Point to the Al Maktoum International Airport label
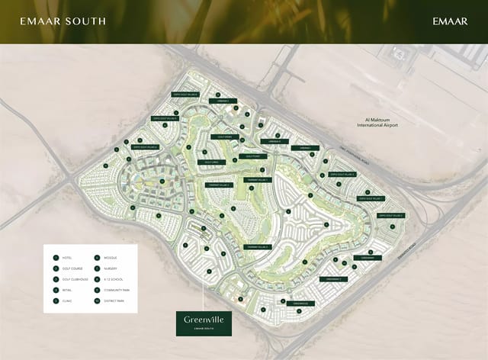pos(382,123)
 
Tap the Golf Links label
pos(211,162)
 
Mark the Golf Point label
pos(249,156)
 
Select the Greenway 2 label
pos(334,279)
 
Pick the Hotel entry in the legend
pos(68,258)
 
